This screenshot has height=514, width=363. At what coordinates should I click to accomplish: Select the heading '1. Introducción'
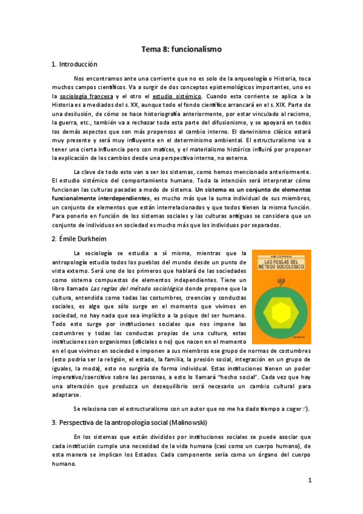pos(75,64)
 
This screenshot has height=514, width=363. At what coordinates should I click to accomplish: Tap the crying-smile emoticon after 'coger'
pos(307,409)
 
